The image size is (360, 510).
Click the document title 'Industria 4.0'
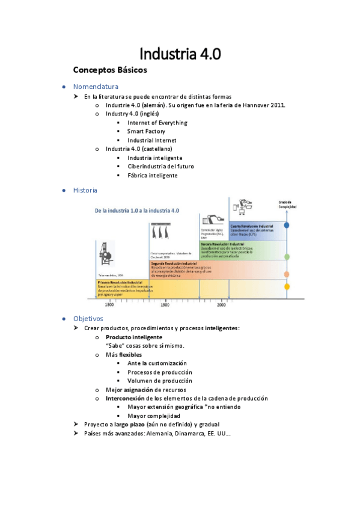pos(180,54)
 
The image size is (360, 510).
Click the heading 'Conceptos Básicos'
pos(110,70)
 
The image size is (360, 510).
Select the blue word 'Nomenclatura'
pos(96,87)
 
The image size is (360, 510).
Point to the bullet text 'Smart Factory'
pos(146,131)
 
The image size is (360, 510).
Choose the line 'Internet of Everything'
pos(157,123)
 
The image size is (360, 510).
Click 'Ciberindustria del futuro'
pos(160,167)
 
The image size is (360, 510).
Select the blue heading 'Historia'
pos(85,190)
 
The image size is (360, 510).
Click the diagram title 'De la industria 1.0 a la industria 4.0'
pos(137,211)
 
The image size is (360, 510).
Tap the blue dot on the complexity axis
pos(287,225)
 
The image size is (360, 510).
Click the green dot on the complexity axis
pos(287,257)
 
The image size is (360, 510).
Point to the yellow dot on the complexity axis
pos(287,287)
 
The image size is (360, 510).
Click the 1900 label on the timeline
pos(164,305)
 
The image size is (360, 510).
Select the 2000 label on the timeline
pos(221,305)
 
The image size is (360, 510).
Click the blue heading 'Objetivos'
pos(88,318)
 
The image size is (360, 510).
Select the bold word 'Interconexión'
pos(126,398)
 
